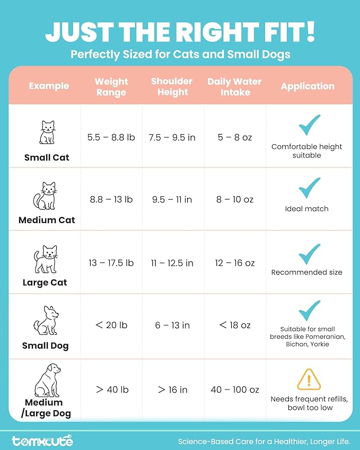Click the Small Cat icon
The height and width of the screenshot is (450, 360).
pos(47,133)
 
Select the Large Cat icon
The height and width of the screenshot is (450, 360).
pos(46,259)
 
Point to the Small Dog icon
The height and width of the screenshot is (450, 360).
pos(46,321)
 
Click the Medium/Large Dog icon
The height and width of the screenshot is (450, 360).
pos(47,381)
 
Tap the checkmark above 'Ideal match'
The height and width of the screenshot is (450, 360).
pos(309,188)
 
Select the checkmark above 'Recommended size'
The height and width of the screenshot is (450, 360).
pos(309,254)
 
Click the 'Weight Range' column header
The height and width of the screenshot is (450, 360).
pos(111,87)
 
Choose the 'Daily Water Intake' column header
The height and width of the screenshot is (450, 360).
pos(234,87)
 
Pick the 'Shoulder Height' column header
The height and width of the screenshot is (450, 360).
pos(172,86)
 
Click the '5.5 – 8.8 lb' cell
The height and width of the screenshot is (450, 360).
pos(111,137)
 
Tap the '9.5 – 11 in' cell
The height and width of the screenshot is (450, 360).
pos(172,200)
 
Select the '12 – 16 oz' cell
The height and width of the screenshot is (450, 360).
pos(234,263)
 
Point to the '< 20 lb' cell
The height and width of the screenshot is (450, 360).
pos(111,325)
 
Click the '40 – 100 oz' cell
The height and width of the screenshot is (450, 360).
pos(234,390)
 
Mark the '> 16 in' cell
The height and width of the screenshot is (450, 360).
pos(172,390)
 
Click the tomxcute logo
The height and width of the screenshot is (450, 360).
pos(42,440)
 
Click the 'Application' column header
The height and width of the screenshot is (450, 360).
pos(308,86)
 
